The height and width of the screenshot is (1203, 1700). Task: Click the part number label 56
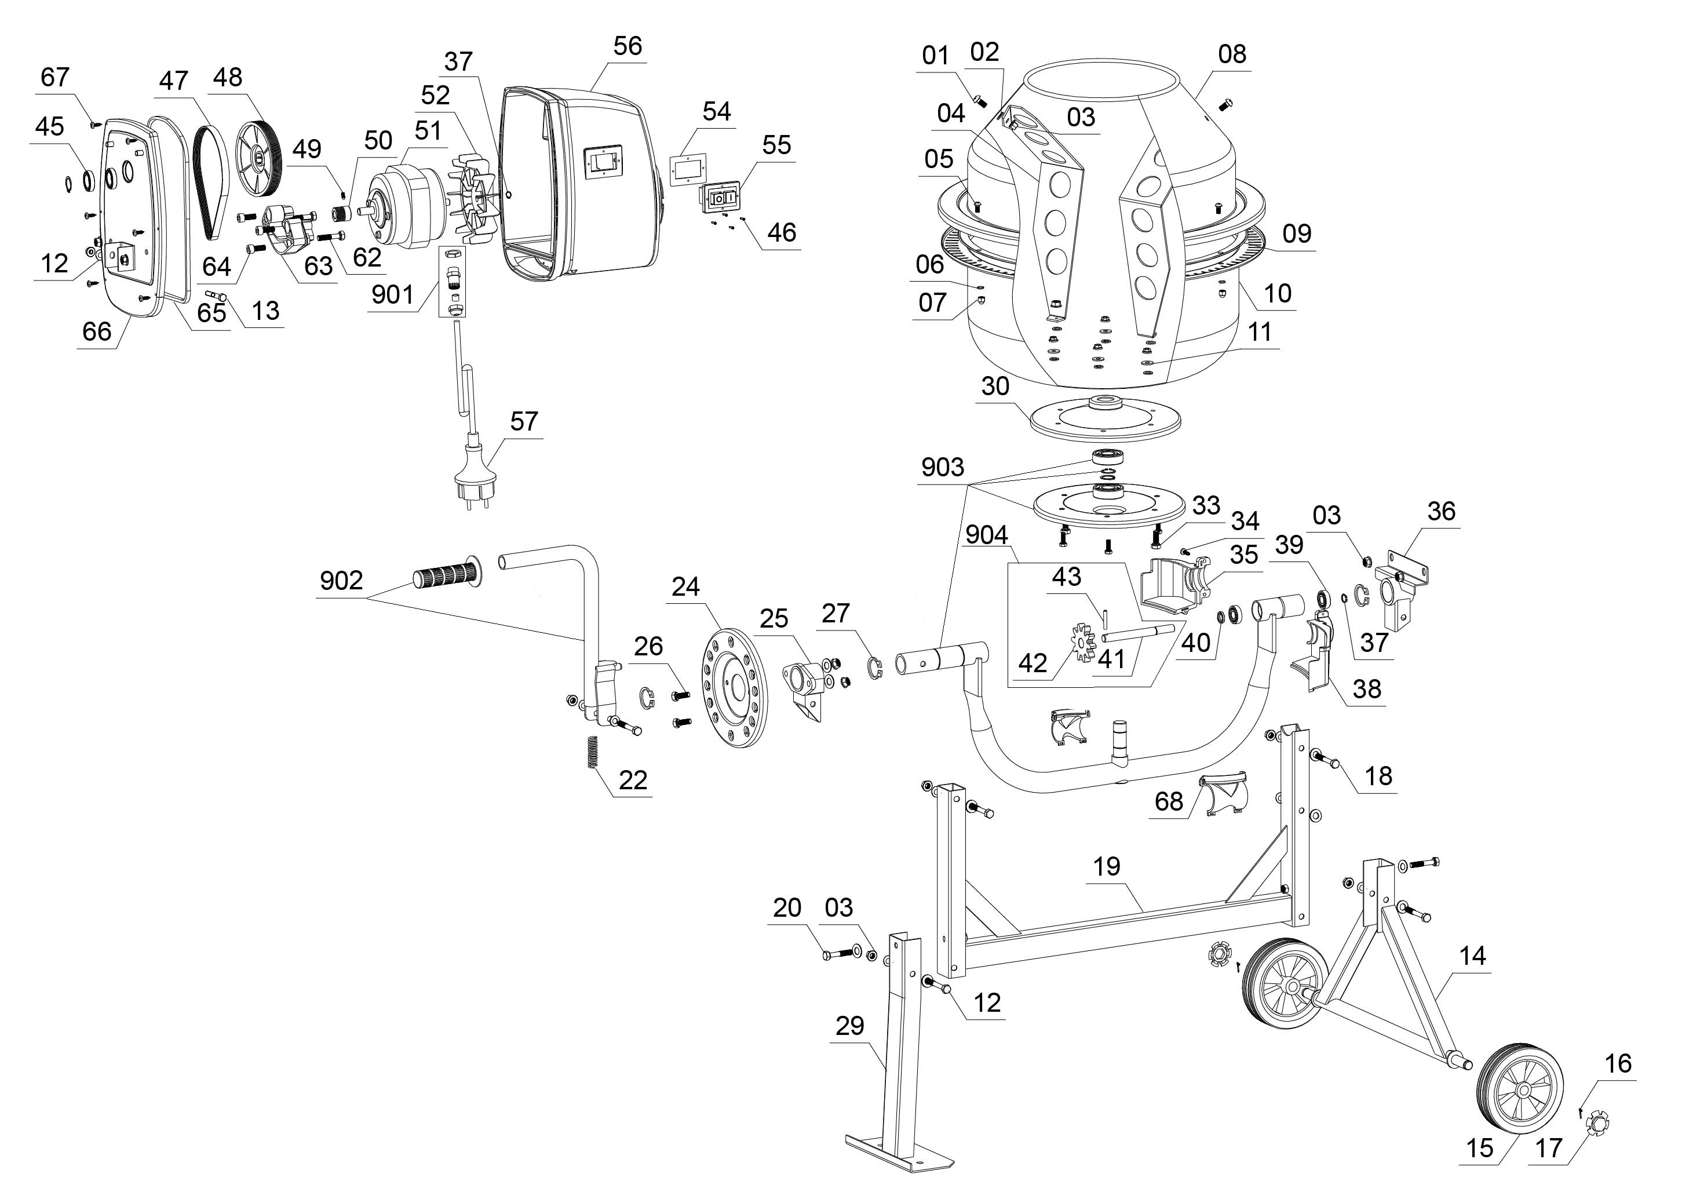(x=628, y=46)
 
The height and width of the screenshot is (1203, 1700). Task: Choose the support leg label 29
(x=849, y=1025)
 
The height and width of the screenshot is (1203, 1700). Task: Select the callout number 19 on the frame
(x=1107, y=866)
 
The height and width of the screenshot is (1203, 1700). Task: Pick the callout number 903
(x=943, y=466)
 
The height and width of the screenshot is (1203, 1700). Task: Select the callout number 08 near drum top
(x=1232, y=53)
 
